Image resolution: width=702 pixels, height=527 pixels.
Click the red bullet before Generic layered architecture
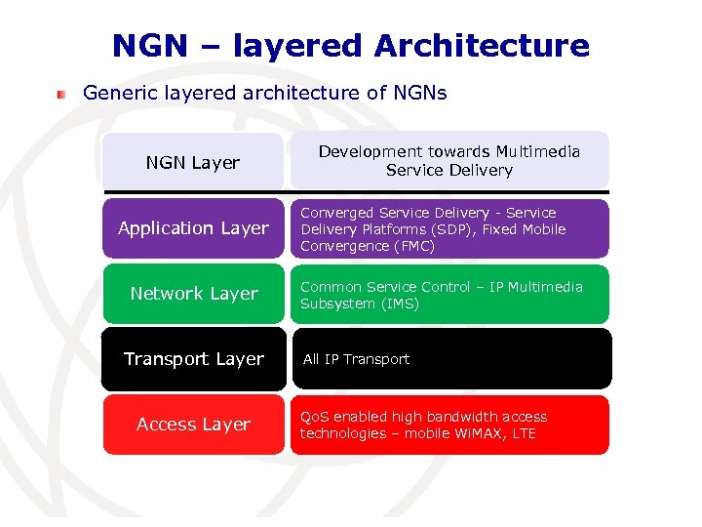pyautogui.click(x=61, y=94)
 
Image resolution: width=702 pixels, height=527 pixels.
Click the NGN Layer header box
pyautogui.click(x=193, y=162)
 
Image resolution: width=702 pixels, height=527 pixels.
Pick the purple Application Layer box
pyautogui.click(x=193, y=228)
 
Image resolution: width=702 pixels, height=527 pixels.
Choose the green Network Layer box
pyautogui.click(x=193, y=294)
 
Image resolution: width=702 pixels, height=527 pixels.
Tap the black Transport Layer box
pyautogui.click(x=193, y=359)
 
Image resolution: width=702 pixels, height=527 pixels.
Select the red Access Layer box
pyautogui.click(x=193, y=425)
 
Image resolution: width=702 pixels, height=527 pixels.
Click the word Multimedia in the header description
pyautogui.click(x=537, y=151)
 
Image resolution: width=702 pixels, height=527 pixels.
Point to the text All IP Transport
pyautogui.click(x=356, y=359)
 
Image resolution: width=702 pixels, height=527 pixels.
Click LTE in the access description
pyautogui.click(x=524, y=433)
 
